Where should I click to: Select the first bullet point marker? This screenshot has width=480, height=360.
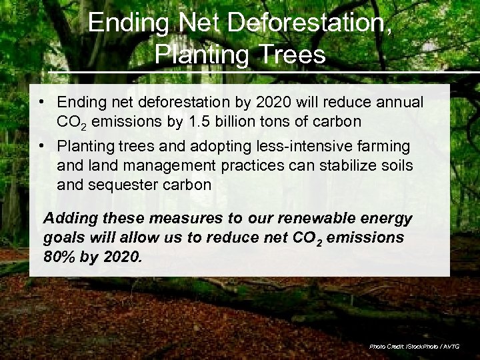tap(41, 103)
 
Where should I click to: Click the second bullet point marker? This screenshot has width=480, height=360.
tap(41, 145)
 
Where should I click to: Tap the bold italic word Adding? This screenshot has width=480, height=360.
tap(69, 219)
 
